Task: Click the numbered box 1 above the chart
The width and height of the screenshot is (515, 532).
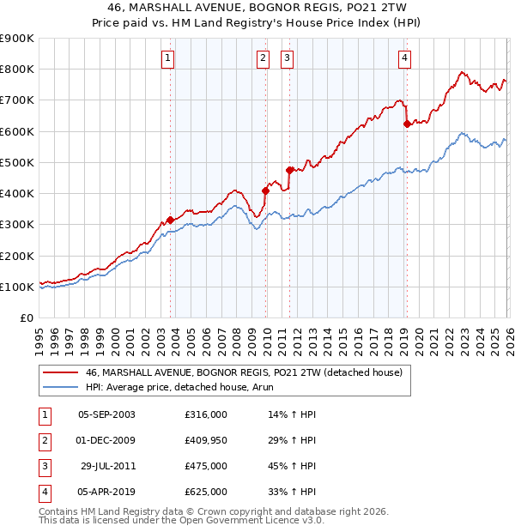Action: (167, 59)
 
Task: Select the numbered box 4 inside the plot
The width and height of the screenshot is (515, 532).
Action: (404, 59)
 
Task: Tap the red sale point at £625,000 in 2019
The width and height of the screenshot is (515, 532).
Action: (407, 124)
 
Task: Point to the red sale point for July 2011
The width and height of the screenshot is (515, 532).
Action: (289, 170)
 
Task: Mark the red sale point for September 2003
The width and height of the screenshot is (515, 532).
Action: (171, 220)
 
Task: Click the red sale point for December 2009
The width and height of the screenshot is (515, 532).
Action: (265, 191)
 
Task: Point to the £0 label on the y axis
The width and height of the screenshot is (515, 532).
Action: (27, 317)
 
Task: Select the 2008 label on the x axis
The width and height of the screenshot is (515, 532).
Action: (237, 342)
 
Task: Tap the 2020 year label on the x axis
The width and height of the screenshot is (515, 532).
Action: (419, 342)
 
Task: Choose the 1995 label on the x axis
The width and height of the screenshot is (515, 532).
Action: (39, 342)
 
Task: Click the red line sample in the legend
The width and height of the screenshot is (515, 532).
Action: (60, 372)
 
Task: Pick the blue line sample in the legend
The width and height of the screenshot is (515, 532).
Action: (60, 387)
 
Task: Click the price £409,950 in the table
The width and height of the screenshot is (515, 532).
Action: (206, 440)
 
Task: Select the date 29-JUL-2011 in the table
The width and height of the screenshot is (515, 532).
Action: (108, 466)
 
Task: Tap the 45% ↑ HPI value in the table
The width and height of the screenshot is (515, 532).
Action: (292, 466)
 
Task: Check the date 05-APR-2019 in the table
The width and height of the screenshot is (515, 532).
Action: (106, 492)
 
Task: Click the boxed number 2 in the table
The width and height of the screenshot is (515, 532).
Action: (45, 441)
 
